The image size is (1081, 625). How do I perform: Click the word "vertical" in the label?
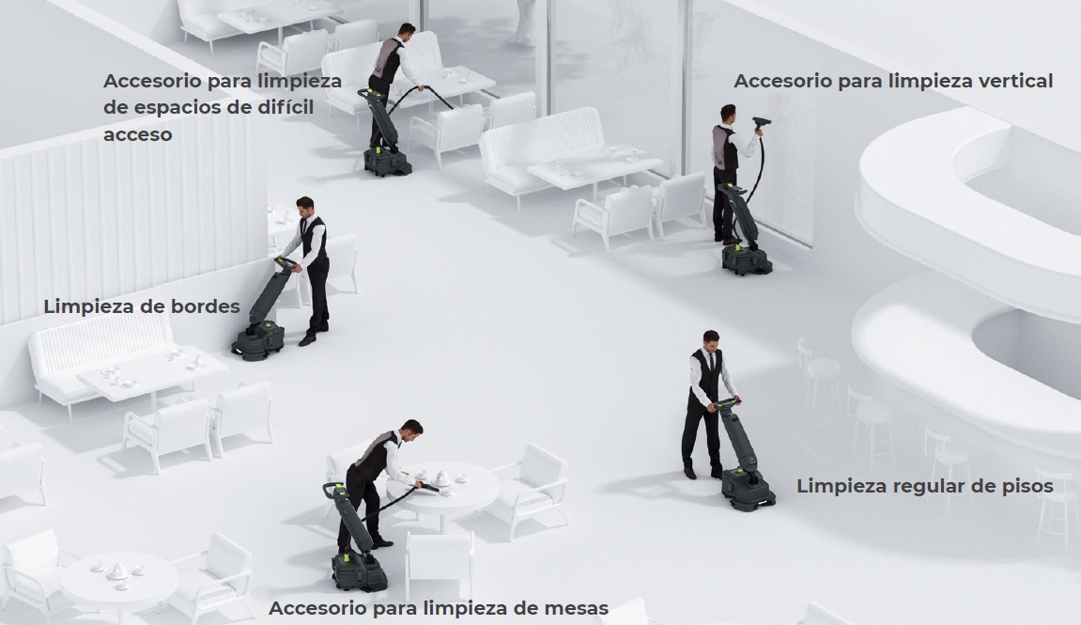pos(1015,81)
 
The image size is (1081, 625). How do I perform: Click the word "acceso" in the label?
pos(138,134)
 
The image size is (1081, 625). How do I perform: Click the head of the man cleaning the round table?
pos(412,430)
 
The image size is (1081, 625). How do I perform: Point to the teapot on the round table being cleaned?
pos(441,477)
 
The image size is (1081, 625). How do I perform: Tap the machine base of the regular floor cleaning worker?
pos(748,489)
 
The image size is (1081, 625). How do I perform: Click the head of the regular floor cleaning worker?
pos(710,340)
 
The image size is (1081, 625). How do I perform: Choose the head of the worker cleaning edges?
pos(305,206)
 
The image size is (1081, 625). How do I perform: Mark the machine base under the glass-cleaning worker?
pos(747,258)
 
